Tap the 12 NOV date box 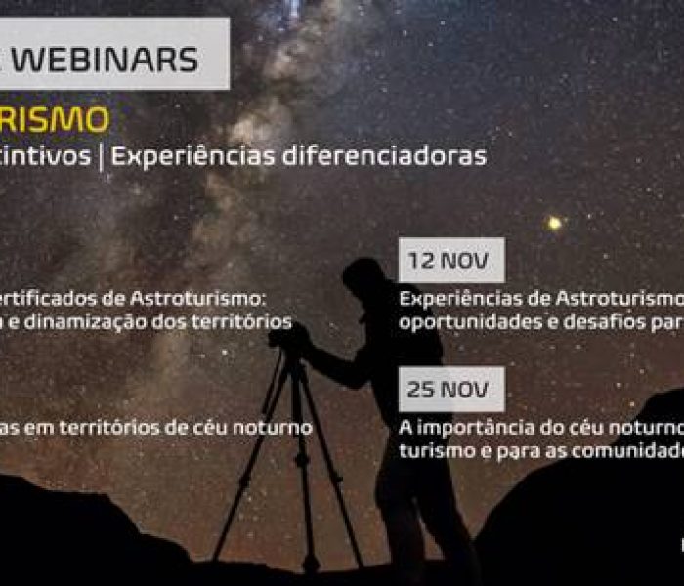tap(450, 261)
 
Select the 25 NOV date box tap(450, 390)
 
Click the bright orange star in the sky tap(554, 223)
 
